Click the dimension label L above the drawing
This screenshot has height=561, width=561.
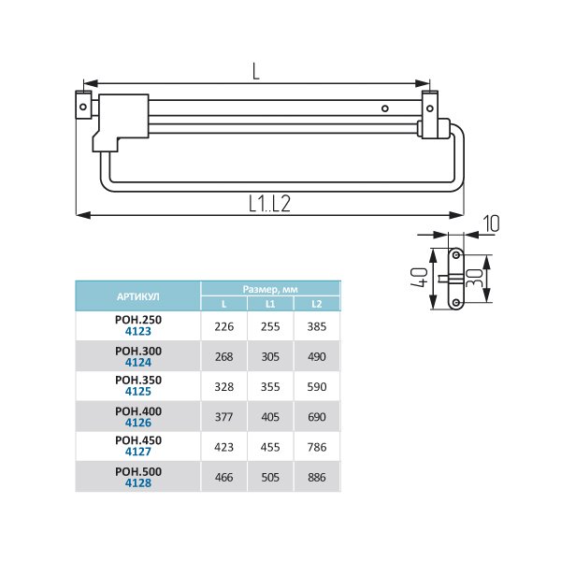[255, 71]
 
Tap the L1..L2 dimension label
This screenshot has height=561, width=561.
[269, 204]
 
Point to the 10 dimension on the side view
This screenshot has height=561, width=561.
[492, 223]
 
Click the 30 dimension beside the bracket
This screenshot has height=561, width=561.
[475, 278]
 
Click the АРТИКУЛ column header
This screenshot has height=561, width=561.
[138, 296]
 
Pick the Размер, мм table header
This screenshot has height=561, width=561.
[270, 289]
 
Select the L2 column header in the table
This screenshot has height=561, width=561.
[317, 304]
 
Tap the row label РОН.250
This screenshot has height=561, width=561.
[138, 320]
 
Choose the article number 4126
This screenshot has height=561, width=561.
[138, 423]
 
